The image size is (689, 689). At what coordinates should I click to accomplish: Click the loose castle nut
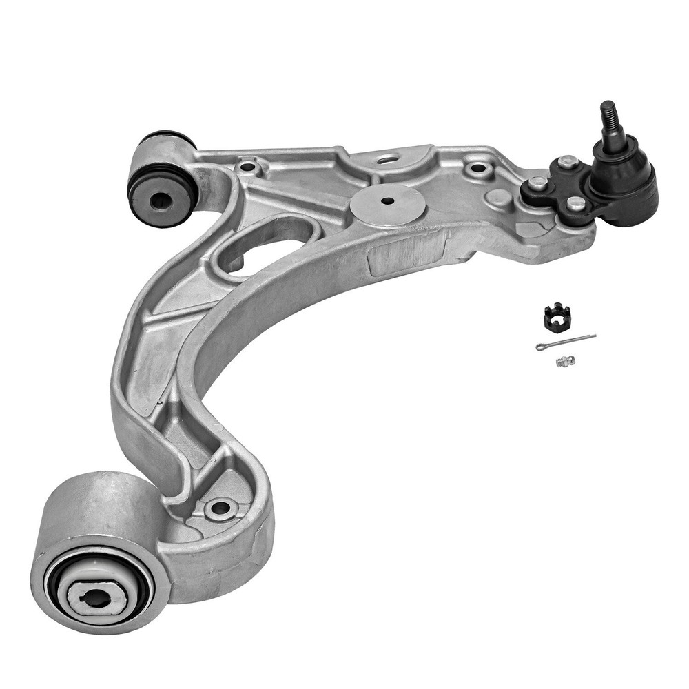coord(557,316)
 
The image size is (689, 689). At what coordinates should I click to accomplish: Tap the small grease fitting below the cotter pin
coord(566,360)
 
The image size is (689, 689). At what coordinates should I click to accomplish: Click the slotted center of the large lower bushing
coord(96,597)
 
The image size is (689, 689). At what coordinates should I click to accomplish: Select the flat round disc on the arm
coord(387,203)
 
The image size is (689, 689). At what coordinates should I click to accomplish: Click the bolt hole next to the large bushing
coord(220,509)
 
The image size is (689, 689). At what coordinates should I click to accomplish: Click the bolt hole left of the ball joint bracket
coord(477,168)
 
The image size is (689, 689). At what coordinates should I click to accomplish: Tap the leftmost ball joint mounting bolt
coord(537,183)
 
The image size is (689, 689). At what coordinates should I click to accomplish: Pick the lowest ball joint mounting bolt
coord(575,203)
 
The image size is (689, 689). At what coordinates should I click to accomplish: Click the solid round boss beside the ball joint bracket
coord(498,197)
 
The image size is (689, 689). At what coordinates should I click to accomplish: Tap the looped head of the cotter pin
coord(542,347)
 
